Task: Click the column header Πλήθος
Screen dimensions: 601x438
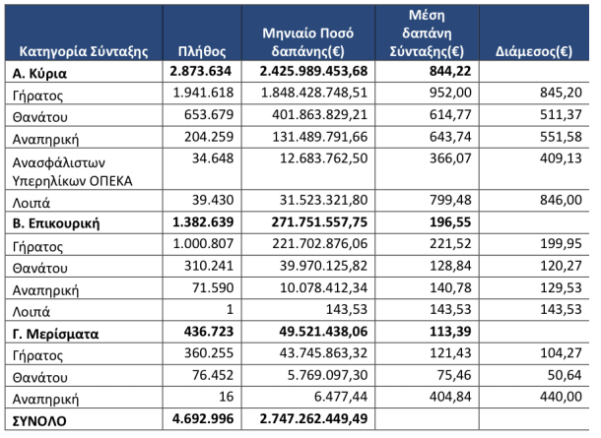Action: (202, 51)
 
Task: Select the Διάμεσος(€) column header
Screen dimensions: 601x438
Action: (534, 51)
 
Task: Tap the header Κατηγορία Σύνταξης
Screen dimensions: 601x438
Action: (84, 51)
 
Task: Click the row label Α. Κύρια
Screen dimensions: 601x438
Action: (39, 73)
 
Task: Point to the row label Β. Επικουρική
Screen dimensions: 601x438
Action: (56, 222)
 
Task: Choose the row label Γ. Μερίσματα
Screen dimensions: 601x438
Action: (55, 334)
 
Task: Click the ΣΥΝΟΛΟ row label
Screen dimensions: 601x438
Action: (39, 420)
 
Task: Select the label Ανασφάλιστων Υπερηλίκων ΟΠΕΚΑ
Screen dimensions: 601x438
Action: (73, 171)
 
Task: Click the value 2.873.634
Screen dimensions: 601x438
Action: (201, 71)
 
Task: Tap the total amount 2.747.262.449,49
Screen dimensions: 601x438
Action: (313, 418)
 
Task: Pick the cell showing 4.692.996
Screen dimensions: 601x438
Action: (203, 418)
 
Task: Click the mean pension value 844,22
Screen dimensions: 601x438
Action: (450, 71)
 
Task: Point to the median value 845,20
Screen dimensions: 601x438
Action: (561, 93)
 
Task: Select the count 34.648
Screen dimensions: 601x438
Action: (213, 158)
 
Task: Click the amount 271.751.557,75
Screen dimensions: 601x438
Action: (319, 221)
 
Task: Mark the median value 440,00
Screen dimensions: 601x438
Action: (561, 397)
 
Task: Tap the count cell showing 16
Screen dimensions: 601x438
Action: (227, 397)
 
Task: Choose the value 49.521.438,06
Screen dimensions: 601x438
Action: (323, 331)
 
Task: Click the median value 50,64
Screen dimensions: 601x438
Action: (565, 375)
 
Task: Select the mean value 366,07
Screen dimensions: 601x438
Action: (450, 158)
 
